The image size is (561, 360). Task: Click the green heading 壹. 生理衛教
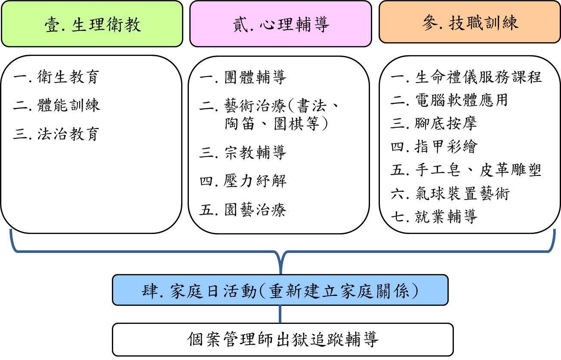pyautogui.click(x=92, y=24)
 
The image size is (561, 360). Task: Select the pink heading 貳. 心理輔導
pyautogui.click(x=280, y=24)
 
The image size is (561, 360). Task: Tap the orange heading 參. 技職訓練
pyautogui.click(x=470, y=22)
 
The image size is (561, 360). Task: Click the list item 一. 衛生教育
pyautogui.click(x=56, y=77)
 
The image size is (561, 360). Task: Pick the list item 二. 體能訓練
pyautogui.click(x=56, y=105)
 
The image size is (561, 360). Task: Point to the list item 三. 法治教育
pyautogui.click(x=56, y=134)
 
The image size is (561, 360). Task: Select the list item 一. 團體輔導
pyautogui.click(x=243, y=77)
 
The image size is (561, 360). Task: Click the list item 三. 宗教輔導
pyautogui.click(x=243, y=152)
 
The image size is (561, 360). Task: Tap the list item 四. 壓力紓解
pyautogui.click(x=243, y=181)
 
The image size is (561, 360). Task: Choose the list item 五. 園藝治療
pyautogui.click(x=243, y=209)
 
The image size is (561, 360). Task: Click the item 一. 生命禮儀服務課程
pyautogui.click(x=466, y=77)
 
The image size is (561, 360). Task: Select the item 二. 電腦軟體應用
pyautogui.click(x=449, y=100)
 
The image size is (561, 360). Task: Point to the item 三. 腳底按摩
pyautogui.click(x=434, y=123)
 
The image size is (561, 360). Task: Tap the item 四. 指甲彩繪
pyautogui.click(x=434, y=147)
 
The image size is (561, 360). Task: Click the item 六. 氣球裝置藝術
pyautogui.click(x=450, y=194)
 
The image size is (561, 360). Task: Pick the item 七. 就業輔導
pyautogui.click(x=434, y=216)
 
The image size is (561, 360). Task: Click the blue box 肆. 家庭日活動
pyautogui.click(x=280, y=290)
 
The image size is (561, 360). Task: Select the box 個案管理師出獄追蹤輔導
pyautogui.click(x=283, y=339)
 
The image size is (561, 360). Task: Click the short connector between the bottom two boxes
pyautogui.click(x=280, y=314)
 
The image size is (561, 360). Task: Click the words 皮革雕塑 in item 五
pyautogui.click(x=510, y=170)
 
